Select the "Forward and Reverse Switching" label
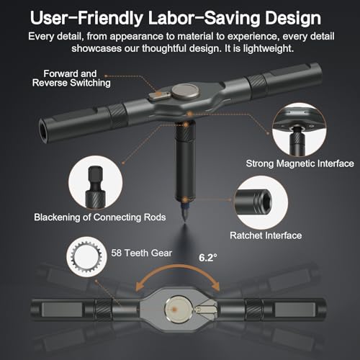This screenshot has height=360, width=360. tap(71, 78)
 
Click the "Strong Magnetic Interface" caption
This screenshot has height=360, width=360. tap(300, 163)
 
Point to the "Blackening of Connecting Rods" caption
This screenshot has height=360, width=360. tap(100, 217)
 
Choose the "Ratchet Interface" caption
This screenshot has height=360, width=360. tap(266, 235)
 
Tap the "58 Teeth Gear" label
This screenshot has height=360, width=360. tap(142, 253)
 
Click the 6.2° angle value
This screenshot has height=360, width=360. tap(208, 258)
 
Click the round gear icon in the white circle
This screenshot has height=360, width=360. tap(86, 256)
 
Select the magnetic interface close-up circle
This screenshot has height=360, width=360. tap(300, 130)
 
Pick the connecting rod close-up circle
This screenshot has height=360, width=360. tap(96, 182)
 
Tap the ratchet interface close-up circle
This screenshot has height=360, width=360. tap(261, 203)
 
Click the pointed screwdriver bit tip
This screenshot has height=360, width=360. tap(185, 220)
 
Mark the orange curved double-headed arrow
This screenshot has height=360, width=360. tap(178, 266)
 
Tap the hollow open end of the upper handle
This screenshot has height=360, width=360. tap(43, 130)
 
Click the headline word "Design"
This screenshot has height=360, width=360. tap(293, 18)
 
